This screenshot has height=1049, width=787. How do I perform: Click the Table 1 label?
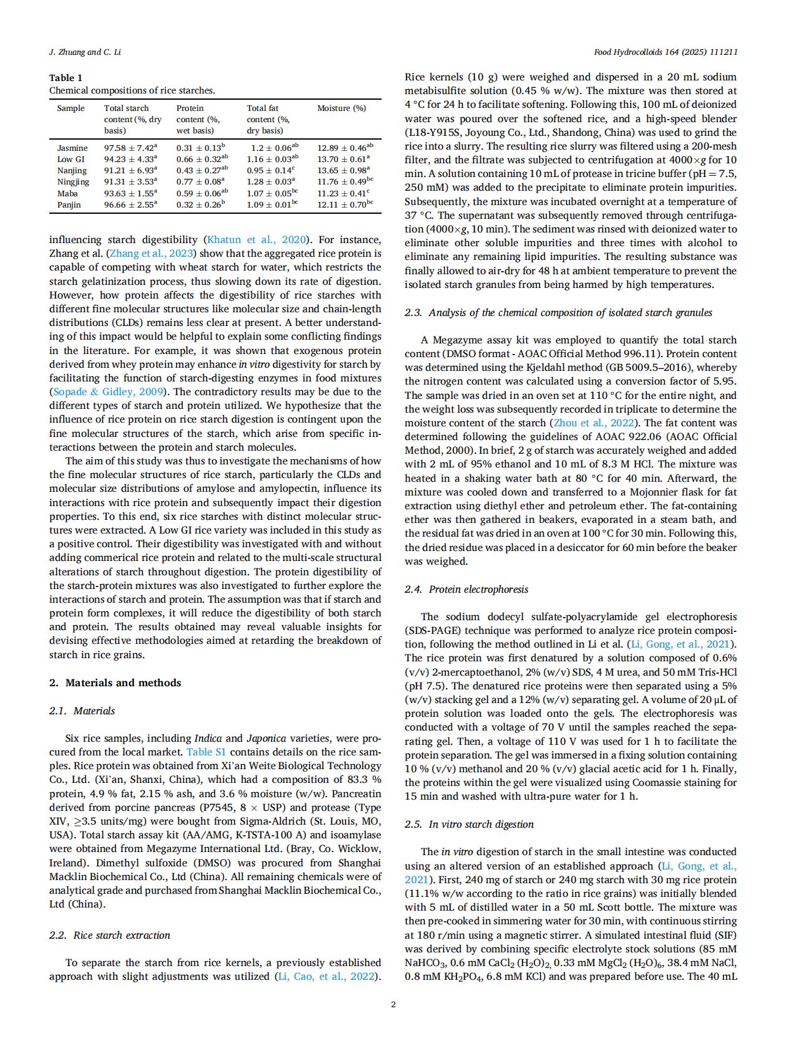coord(65,78)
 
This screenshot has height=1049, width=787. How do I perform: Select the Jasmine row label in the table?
coord(72,148)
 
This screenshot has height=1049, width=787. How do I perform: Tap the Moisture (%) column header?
coord(341,108)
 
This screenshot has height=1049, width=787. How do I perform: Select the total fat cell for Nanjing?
coord(271,171)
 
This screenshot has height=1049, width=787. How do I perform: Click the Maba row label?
coord(67,193)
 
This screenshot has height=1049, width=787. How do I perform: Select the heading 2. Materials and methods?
coord(115,683)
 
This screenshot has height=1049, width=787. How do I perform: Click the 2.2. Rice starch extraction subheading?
coord(110,936)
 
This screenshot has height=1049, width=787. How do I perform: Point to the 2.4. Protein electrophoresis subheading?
coord(466,590)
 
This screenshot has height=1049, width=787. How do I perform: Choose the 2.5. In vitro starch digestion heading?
coord(469,825)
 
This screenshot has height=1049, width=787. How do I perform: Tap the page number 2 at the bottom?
coord(393,1004)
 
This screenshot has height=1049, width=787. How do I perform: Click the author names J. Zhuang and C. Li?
coord(85,52)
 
